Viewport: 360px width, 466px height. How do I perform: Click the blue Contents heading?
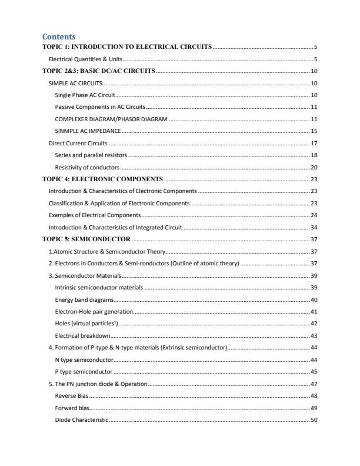click(59, 36)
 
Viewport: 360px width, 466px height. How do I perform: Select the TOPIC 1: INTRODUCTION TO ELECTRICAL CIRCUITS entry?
click(127, 46)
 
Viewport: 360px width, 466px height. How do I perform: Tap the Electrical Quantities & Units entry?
click(85, 59)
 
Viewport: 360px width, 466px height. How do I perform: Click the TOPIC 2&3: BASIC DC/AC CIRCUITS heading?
click(99, 71)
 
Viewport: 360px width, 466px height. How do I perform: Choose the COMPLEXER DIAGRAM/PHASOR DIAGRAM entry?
click(111, 119)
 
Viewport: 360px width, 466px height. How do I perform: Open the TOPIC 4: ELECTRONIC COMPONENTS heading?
click(102, 179)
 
